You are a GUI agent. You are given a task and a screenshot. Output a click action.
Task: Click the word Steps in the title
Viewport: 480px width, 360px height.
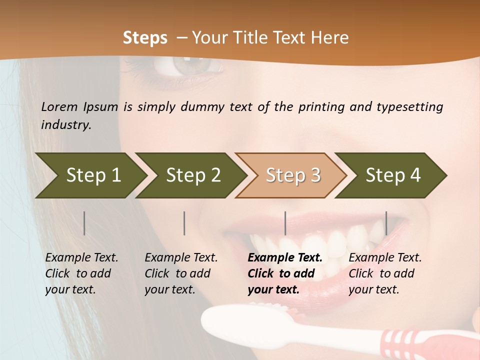145,38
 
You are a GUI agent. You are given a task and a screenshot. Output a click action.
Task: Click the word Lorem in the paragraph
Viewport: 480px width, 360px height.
59,106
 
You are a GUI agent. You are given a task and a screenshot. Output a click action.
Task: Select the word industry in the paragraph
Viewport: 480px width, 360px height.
65,125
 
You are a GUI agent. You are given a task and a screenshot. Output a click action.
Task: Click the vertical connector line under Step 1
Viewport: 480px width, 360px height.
84,223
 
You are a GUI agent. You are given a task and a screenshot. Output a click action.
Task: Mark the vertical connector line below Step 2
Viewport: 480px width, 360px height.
184,223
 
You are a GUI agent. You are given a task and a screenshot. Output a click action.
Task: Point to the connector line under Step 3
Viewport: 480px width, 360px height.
285,223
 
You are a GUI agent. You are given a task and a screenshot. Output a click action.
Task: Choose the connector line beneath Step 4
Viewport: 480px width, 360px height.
386,223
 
